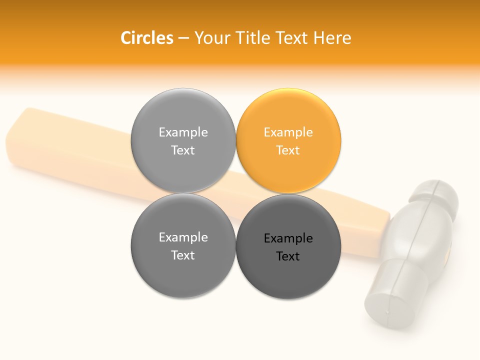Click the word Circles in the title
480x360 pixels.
point(146,38)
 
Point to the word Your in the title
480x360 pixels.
point(211,38)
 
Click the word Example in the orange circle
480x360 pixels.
point(288,132)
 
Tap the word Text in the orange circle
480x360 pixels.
point(288,150)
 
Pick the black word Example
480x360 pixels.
point(288,238)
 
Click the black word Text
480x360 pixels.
point(288,256)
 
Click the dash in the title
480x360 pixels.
point(183,38)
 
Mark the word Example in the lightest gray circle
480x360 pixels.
point(183,132)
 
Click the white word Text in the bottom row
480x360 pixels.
point(183,255)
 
